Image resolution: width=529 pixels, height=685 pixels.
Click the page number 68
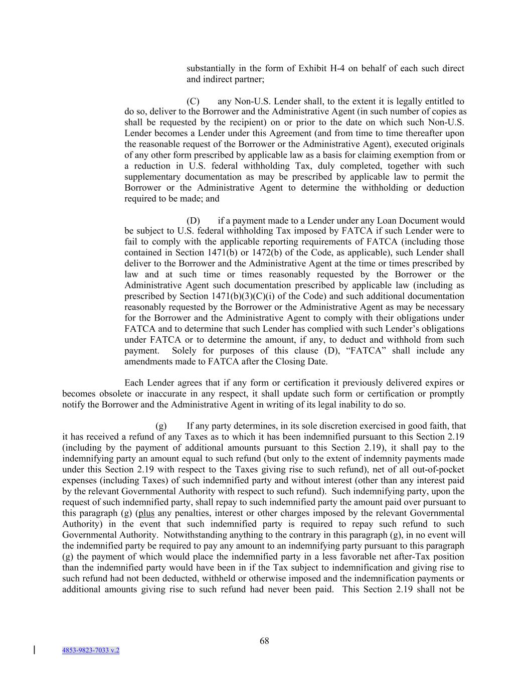pos(264,641)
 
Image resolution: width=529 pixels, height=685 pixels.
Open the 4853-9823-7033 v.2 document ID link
pos(91,650)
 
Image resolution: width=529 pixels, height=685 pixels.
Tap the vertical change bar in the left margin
pos(34,650)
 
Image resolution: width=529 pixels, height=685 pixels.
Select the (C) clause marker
pos(193,101)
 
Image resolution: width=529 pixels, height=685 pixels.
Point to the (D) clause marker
pos(193,221)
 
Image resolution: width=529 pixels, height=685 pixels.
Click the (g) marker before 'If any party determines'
pos(161,426)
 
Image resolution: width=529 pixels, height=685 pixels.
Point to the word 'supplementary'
pos(152,177)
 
